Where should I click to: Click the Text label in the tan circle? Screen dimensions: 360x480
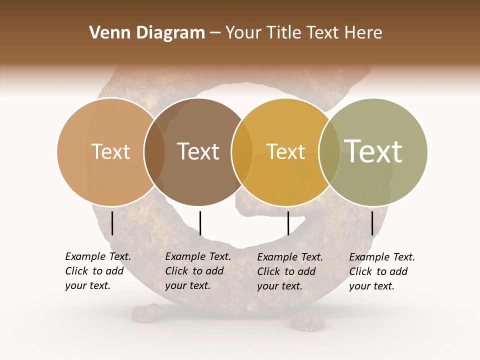coord(111,151)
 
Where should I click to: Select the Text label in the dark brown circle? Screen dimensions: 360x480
coord(198,151)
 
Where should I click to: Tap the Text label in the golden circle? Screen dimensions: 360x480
coord(286,151)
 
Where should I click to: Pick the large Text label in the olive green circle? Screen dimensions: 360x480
coord(373,151)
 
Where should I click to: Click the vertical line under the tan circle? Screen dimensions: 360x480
coord(112,223)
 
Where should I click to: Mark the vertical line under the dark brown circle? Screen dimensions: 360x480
coord(200,223)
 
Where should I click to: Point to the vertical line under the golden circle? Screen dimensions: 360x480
coord(288,223)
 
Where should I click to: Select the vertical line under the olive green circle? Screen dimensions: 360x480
coord(372,223)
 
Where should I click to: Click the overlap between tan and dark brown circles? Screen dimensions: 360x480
coord(154,152)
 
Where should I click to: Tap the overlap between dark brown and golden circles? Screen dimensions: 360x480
coord(242,152)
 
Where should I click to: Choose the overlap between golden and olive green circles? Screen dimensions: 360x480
coord(329,152)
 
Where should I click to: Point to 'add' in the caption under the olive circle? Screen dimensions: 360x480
coord(399,271)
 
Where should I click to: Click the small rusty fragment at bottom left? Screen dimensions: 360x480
coord(147,313)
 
